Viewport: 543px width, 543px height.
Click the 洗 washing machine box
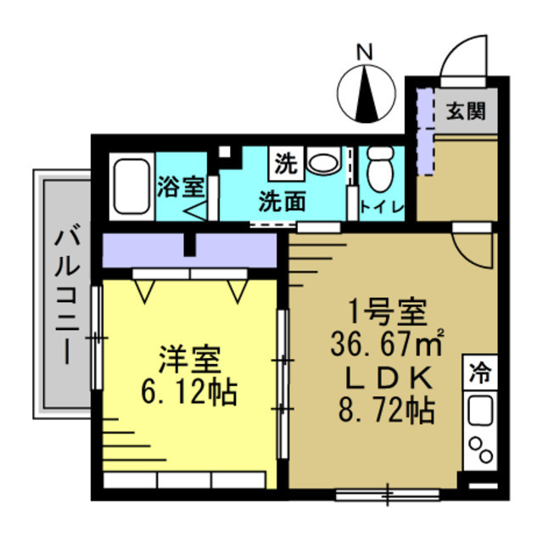tap(286, 162)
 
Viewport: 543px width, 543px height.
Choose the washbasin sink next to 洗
tap(322, 160)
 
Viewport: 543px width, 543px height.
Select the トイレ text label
tap(383, 207)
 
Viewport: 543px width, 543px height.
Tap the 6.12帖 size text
tap(188, 392)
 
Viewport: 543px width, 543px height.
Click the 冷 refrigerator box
tap(479, 372)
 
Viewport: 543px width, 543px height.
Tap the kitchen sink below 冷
tap(480, 411)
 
